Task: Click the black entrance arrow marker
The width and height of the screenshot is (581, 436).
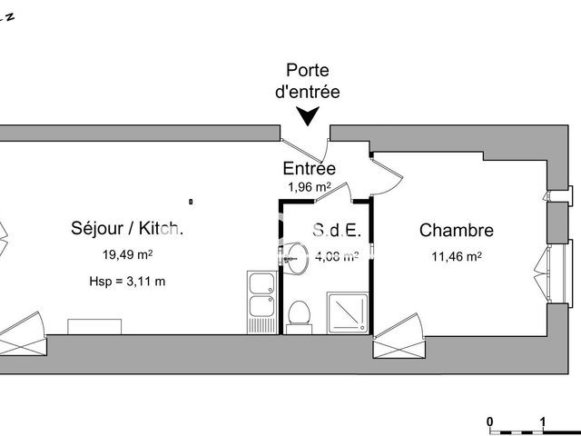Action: coord(309,115)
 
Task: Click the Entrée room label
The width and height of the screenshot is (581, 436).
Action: coord(309,169)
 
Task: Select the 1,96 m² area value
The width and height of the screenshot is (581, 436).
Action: coord(309,187)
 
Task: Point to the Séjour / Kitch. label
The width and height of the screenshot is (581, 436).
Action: coord(127,229)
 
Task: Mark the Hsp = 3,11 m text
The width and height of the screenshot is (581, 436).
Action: coord(127,281)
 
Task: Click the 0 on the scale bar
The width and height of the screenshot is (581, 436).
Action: coord(489,421)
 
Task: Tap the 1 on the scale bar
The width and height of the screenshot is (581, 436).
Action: coord(542,421)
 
